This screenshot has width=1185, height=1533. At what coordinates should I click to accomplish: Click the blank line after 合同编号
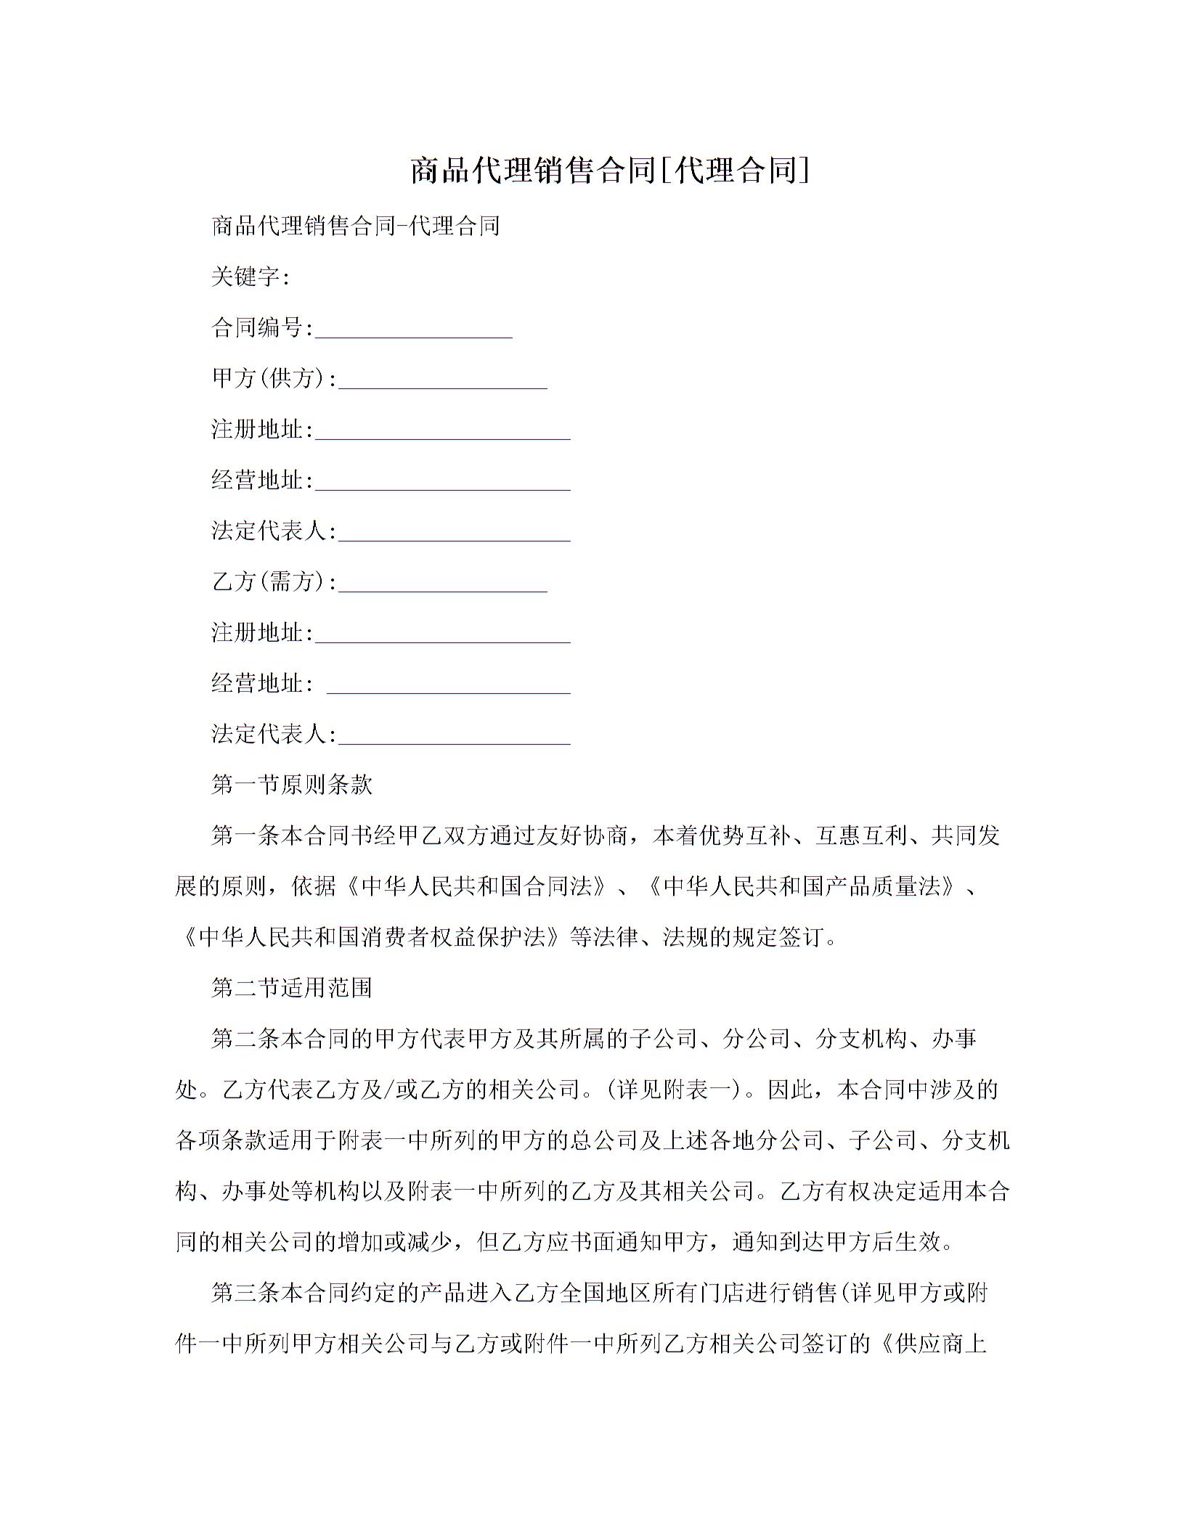[414, 335]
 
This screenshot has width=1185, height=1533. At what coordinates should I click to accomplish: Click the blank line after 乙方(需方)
[443, 589]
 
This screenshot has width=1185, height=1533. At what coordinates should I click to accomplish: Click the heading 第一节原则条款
[291, 785]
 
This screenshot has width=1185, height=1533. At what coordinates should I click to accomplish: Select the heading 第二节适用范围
[291, 988]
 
